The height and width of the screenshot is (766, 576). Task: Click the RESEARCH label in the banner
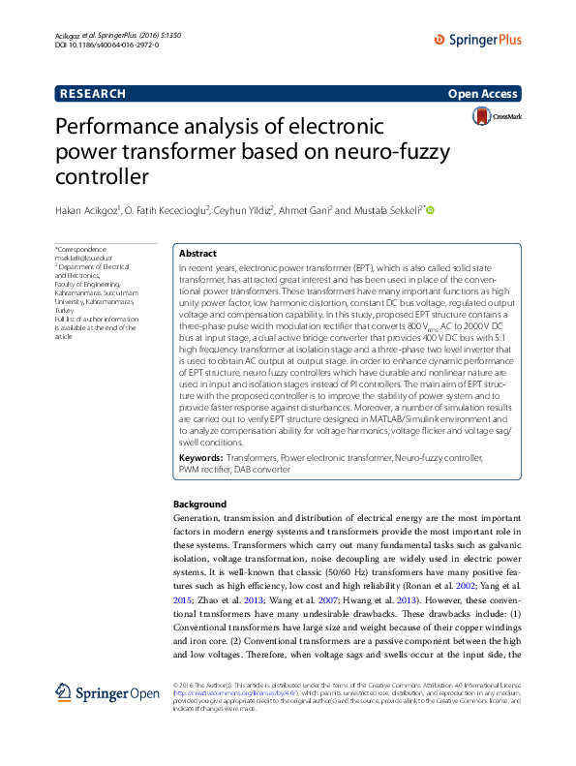pos(92,94)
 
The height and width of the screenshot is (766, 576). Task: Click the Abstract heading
pos(197,253)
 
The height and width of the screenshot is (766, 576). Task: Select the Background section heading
pos(199,505)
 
